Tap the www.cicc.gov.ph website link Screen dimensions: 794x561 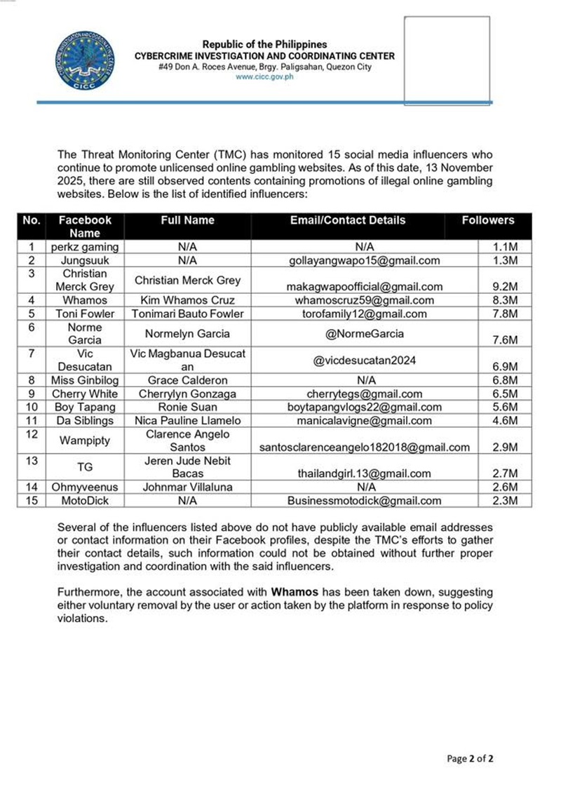264,77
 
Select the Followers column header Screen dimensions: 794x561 487,220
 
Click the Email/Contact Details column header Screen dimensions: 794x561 348,220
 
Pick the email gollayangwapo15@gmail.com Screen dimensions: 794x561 365,260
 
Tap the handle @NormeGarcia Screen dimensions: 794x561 348,334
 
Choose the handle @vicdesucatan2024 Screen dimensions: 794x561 365,361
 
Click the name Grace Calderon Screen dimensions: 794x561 188,381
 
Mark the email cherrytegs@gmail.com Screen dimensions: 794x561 365,394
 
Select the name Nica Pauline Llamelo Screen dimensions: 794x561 188,421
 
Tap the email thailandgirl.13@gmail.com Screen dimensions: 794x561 365,474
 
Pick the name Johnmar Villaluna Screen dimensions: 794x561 188,487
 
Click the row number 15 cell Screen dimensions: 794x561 31,501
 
